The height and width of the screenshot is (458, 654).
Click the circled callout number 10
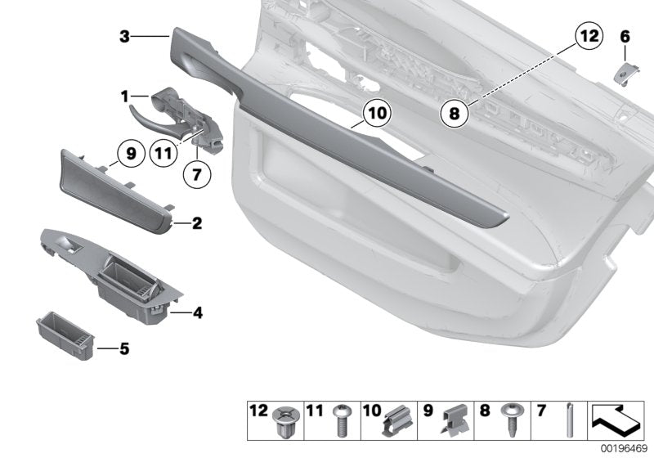[374, 113]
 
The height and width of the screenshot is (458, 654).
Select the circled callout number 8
[455, 113]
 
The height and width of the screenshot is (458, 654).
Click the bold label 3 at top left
[124, 36]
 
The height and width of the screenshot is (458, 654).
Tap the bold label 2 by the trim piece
[196, 222]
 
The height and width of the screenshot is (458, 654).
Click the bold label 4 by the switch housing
[196, 312]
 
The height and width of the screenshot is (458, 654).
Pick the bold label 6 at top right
[625, 36]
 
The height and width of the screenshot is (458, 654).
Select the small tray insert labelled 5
[66, 335]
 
